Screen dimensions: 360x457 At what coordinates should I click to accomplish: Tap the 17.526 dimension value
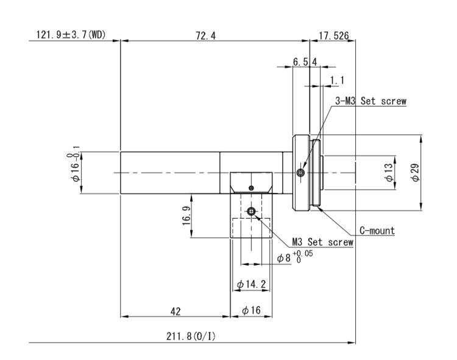coord(333,35)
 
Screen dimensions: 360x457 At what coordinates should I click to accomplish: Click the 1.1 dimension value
coord(337,80)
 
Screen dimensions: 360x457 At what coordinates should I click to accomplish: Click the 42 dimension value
coord(175,311)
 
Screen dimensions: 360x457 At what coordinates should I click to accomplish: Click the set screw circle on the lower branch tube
coord(251,211)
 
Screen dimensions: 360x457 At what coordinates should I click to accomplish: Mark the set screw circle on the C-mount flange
coord(300,173)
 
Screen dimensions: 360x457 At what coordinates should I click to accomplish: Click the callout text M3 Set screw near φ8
coord(323,242)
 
